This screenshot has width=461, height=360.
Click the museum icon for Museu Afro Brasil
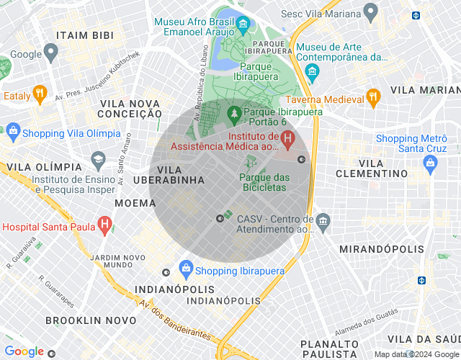pos(243,26)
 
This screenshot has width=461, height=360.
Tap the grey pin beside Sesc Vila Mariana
pos(371,12)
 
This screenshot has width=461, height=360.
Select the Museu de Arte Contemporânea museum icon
pos(312,71)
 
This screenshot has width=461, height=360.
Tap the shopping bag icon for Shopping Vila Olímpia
pos(12,131)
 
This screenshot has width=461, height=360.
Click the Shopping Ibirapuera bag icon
pos(186,269)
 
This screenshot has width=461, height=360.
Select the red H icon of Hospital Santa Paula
pos(105,225)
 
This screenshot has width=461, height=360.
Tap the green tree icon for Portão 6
pos(233,113)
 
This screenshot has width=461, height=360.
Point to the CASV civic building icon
pos(323,220)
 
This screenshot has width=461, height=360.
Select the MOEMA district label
pos(135,203)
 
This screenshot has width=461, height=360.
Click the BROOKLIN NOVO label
pos(91,320)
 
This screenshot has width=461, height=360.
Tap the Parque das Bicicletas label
pos(262,182)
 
